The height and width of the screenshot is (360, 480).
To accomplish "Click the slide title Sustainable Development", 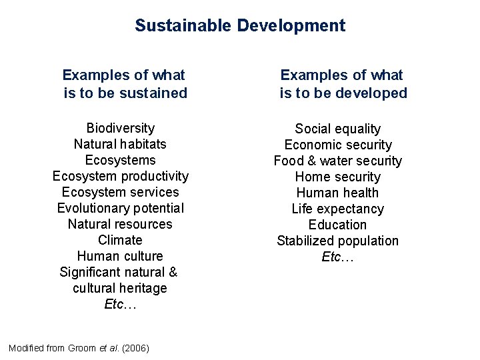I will pos(240,26).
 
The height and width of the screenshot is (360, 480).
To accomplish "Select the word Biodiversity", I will pos(121,128).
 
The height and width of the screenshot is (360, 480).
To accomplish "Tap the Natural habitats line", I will pos(121,144).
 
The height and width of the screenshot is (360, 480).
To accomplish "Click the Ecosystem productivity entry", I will pos(121,176).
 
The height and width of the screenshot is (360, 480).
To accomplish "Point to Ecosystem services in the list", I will pos(121,192).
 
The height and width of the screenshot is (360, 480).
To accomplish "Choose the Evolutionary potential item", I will pos(121,208).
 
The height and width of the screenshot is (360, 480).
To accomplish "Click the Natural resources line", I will pos(121,224).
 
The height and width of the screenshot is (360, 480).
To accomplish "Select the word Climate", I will pos(121,240).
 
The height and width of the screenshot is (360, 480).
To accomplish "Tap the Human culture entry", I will pos(121,256).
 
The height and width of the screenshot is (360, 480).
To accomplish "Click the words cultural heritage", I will pos(121,288).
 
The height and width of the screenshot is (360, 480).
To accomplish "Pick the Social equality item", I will pos(338,129).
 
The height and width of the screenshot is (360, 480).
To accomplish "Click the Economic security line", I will pos(338,145).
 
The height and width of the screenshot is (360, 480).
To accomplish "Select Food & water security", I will pos(338,161).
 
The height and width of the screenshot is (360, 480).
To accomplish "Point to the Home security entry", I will pos(338,177).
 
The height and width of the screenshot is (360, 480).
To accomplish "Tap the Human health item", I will pos(338,193).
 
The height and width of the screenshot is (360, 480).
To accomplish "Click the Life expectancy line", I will pos(338,209).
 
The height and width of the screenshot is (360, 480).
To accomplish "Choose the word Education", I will pos(338,225).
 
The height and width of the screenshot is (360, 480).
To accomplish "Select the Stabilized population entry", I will pos(338,241).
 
